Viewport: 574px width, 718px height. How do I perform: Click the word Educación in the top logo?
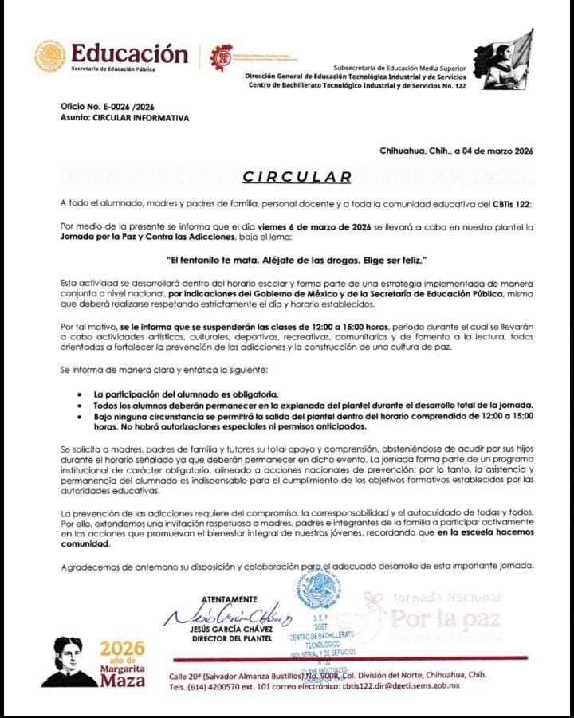point(129,53)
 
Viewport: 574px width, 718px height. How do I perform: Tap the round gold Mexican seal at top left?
point(49,56)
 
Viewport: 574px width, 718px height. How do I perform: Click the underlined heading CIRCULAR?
point(297,177)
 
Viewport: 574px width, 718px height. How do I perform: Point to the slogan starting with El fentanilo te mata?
point(297,261)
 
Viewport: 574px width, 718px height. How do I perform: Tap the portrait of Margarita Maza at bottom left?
point(69,662)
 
